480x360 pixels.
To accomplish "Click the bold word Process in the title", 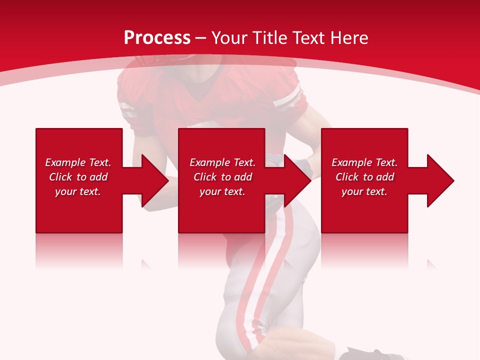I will coord(157,38).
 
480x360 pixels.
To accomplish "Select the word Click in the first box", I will coord(60,177).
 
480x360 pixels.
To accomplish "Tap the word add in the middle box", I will coord(242,177).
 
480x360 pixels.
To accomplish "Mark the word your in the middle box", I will coord(210,191).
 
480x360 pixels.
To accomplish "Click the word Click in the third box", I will coord(347,177).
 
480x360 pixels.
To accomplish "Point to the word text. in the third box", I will coord(375,191).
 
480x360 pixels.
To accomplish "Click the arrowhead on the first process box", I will coord(154,180).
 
